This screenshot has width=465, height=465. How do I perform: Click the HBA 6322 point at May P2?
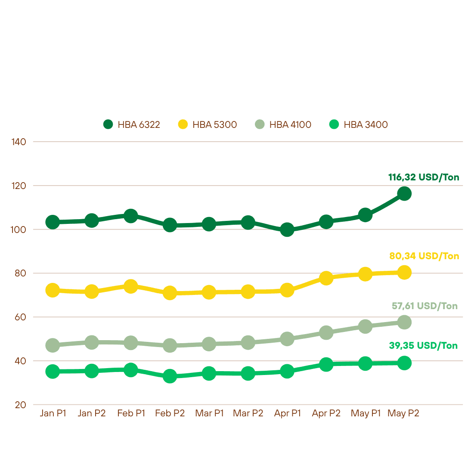(404, 194)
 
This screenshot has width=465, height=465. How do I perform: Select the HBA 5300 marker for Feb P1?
(130, 286)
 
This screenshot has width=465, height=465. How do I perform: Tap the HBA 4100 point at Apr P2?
(326, 332)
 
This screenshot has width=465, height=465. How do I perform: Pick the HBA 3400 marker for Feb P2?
(170, 376)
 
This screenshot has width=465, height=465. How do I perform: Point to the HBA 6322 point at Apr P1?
(287, 229)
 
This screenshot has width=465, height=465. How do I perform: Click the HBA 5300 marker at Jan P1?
(53, 290)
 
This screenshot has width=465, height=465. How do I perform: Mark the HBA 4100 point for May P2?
(404, 322)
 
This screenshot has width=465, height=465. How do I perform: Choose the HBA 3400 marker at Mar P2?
(248, 373)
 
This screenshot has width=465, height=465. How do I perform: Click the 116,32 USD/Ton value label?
(424, 177)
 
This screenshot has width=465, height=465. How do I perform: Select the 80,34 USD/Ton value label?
(424, 256)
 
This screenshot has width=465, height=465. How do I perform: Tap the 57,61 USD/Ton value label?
(425, 306)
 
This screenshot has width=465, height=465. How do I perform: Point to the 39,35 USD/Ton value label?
(423, 345)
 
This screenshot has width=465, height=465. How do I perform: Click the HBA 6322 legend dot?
(108, 124)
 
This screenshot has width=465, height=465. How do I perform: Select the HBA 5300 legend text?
(215, 124)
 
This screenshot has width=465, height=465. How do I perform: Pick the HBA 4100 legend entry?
(283, 124)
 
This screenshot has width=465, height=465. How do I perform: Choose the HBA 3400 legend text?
(366, 124)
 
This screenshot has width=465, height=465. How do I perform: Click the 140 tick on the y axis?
(19, 142)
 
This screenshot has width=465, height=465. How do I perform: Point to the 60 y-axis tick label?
(20, 317)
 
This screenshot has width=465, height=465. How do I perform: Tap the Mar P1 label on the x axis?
(209, 413)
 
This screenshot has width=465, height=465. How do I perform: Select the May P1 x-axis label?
(366, 413)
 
